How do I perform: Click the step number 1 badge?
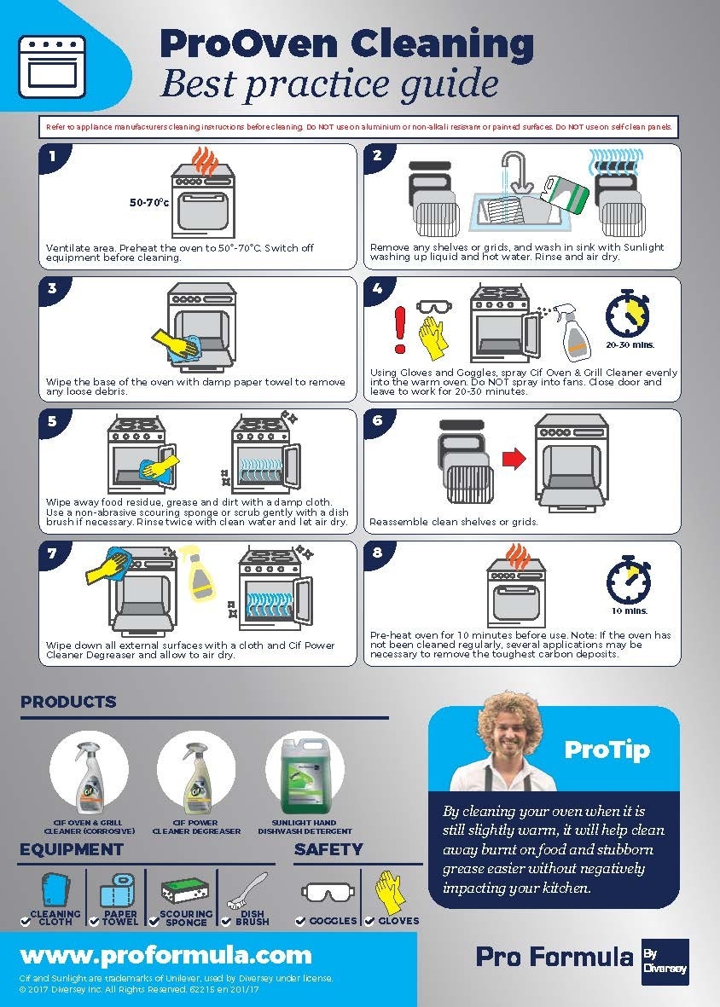[53, 156]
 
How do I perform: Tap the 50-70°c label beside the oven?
[149, 203]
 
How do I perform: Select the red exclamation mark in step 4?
[398, 327]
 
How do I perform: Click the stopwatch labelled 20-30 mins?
[628, 315]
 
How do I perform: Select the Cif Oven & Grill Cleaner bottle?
[88, 774]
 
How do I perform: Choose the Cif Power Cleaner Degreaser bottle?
[196, 774]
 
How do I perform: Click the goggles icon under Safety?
[326, 893]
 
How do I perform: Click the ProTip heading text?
[607, 749]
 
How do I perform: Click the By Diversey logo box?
[665, 962]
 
